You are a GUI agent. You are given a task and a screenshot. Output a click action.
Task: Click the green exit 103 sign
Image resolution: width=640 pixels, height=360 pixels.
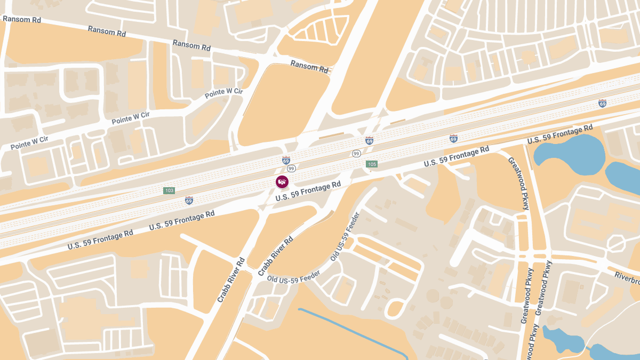[x=169, y=190]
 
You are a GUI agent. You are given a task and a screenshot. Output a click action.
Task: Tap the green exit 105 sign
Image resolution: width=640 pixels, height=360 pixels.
[x=372, y=164]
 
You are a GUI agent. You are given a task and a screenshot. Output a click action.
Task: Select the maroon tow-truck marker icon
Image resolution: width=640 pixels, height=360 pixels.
[x=282, y=182]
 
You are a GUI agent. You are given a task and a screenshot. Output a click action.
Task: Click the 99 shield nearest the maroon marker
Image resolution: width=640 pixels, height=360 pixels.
[x=291, y=168]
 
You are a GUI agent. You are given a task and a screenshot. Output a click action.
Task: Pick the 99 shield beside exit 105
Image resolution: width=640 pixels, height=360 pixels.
[x=356, y=154]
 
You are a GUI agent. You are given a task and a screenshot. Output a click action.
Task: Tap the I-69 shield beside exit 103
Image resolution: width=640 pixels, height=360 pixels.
[x=189, y=201]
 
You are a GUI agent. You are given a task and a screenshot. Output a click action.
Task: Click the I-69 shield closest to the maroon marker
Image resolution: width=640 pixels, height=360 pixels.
[x=286, y=160]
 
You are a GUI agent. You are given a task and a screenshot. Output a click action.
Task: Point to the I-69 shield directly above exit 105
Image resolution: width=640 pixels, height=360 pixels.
[x=369, y=141]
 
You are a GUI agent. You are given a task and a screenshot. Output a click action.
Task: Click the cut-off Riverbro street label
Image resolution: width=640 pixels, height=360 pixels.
[x=627, y=277]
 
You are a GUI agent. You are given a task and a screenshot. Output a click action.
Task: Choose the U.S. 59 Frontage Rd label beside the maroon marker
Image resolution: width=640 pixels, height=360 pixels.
[x=308, y=191]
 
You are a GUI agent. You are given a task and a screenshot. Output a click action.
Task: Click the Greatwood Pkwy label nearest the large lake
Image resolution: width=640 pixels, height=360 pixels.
[x=518, y=183]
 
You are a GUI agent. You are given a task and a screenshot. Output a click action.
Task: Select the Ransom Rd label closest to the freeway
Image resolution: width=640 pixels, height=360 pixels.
[x=309, y=66]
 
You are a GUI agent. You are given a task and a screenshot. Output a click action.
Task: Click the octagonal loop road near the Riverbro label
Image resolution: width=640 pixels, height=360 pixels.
[x=615, y=244]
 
